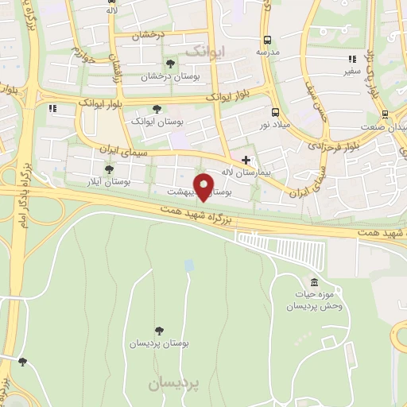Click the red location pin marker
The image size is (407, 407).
click(205, 186)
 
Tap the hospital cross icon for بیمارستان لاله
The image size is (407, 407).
click(246, 160)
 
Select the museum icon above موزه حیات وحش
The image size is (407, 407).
click(314, 284)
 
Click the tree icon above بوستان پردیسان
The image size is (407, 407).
click(161, 329)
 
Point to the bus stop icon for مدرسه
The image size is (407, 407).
click(267, 39)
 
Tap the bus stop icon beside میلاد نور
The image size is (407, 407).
click(275, 112)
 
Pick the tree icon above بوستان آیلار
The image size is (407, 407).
click(109, 169)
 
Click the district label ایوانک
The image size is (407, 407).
click(204, 51)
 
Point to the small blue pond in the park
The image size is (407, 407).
click(188, 265)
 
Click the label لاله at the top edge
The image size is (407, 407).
click(110, 11)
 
